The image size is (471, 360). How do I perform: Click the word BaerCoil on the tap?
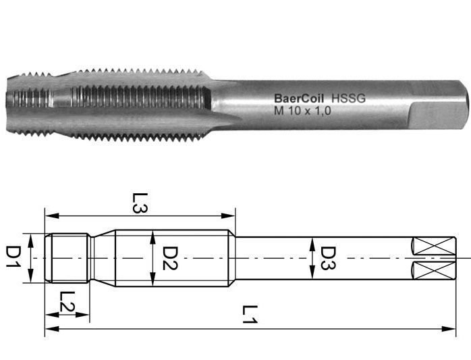(x=297, y=99)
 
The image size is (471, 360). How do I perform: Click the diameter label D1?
(x=13, y=257)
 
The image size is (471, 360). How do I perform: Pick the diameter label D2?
(x=169, y=258)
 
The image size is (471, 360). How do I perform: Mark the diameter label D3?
(x=328, y=258)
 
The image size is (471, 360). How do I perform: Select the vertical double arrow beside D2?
(x=153, y=258)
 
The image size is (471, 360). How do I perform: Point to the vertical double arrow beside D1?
(x=29, y=258)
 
